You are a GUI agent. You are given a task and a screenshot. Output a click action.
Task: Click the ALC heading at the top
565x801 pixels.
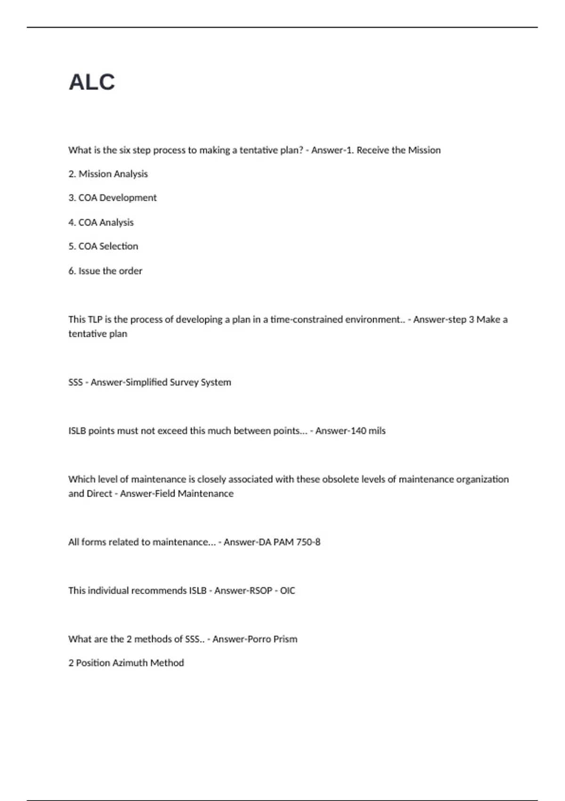[x=92, y=82]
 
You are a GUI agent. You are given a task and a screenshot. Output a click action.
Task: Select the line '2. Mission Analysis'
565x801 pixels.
[x=108, y=174]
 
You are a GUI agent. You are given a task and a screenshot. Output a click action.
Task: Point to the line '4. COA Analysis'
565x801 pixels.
[x=101, y=222]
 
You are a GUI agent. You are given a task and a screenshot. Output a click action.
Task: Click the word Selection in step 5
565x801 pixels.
[x=119, y=246]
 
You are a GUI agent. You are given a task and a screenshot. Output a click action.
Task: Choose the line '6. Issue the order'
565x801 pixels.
[x=105, y=271]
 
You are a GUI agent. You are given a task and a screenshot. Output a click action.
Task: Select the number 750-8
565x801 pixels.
[x=308, y=542]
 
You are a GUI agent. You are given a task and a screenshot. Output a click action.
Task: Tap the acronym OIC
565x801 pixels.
[x=288, y=591]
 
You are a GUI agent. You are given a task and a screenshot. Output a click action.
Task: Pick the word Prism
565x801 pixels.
[x=285, y=639]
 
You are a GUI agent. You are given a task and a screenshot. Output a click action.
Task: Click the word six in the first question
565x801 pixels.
[x=125, y=150]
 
